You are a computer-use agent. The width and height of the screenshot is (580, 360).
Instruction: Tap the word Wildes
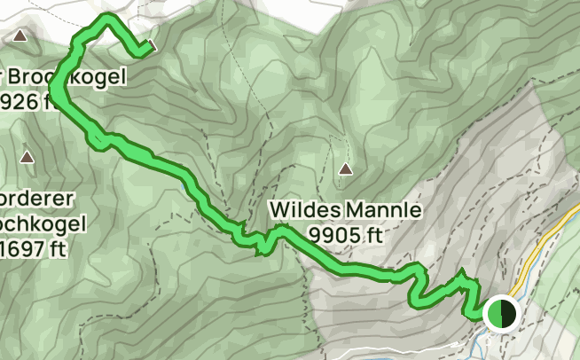click(x=301, y=211)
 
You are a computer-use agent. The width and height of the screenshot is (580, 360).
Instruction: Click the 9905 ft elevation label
click(x=346, y=234)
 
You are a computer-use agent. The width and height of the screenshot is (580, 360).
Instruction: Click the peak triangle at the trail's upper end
click(x=153, y=44)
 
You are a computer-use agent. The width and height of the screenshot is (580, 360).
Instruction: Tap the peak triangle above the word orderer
click(x=27, y=158)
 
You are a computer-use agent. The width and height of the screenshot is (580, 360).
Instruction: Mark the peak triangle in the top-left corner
click(x=20, y=36)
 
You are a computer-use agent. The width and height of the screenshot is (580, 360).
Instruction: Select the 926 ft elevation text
click(x=31, y=101)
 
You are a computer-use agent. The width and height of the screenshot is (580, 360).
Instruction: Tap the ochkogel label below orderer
click(x=42, y=222)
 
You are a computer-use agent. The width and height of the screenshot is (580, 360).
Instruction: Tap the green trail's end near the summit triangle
click(x=143, y=52)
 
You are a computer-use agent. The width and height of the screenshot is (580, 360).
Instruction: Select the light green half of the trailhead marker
click(x=494, y=313)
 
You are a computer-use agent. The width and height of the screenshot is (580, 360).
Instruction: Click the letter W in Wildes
click(x=279, y=211)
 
